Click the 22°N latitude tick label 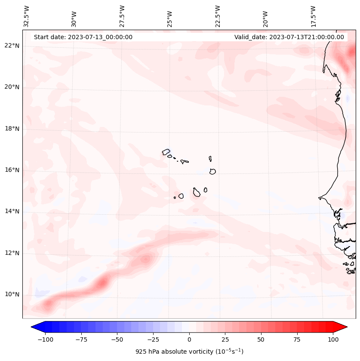point(12,46)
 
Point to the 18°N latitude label point(12,129)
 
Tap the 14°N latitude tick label point(12,211)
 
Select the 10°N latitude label point(12,295)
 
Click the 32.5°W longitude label point(27,16)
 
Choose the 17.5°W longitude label point(314,16)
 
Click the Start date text point(83,37)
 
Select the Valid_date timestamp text point(289,37)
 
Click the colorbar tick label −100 point(45,339)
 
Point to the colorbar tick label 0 point(189,339)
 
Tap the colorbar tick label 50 point(261,339)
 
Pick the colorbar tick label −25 point(153,339)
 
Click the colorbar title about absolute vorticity point(189,352)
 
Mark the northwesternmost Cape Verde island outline point(166,151)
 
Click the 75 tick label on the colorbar point(297,339)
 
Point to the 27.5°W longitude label point(123,16)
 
